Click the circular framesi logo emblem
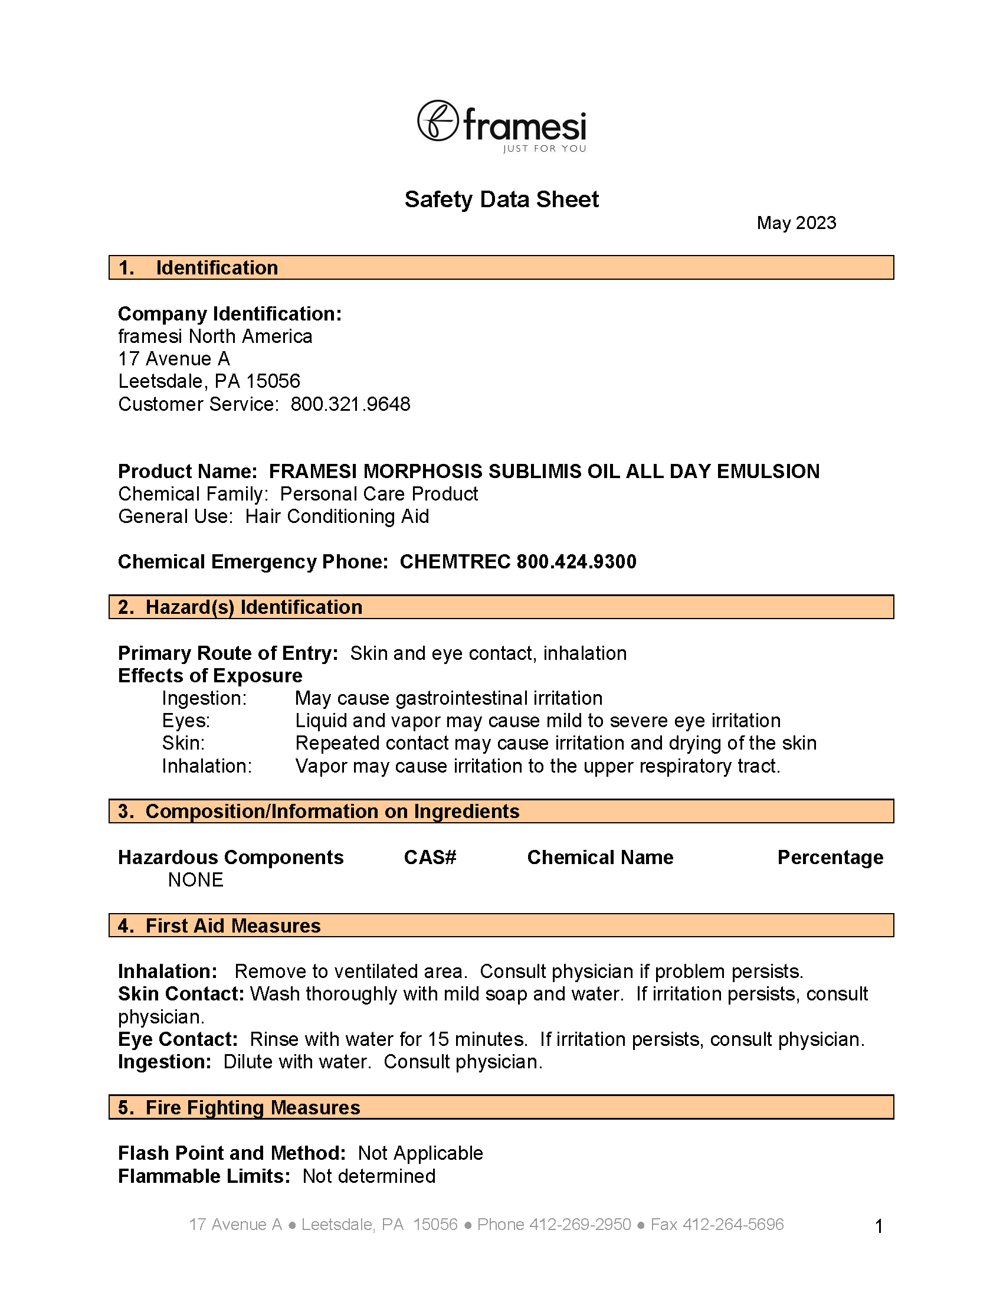[x=438, y=120]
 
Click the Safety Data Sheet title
[x=501, y=199]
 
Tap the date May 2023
[x=796, y=223]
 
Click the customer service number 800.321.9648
[x=350, y=404]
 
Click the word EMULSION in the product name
[x=768, y=471]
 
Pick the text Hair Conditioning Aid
[x=337, y=516]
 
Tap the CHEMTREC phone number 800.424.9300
[x=576, y=561]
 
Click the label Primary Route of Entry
[x=228, y=653]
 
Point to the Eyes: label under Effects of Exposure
[x=186, y=721]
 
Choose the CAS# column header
[x=430, y=857]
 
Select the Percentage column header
[x=830, y=857]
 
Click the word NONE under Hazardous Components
[x=195, y=879]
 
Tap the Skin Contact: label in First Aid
[x=181, y=994]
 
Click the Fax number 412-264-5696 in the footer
[x=733, y=1224]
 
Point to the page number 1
[x=879, y=1226]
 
